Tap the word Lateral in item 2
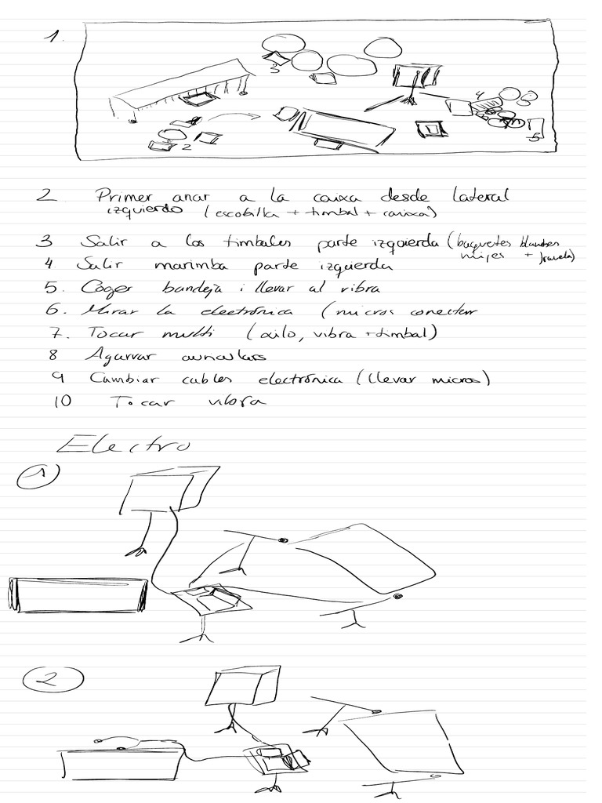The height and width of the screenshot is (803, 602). pyautogui.click(x=481, y=195)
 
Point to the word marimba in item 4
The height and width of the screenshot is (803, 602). pyautogui.click(x=190, y=266)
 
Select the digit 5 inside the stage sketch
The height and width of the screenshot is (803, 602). pyautogui.click(x=531, y=138)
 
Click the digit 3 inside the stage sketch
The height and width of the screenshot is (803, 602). pyautogui.click(x=274, y=69)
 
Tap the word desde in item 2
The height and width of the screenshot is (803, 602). pyautogui.click(x=407, y=195)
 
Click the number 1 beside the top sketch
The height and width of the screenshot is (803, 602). pyautogui.click(x=52, y=37)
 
